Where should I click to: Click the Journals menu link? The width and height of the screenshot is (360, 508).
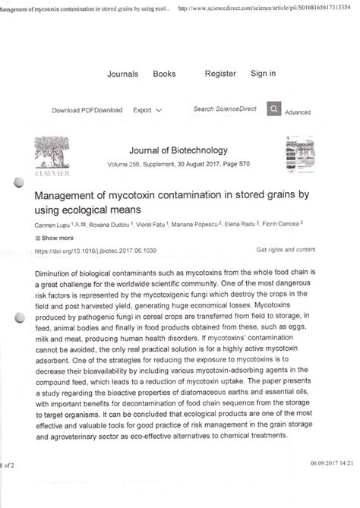[x=122, y=74]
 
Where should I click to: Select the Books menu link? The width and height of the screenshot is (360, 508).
[x=164, y=74]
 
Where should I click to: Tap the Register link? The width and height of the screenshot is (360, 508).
[x=220, y=74]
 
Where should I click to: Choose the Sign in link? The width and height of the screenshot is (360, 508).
[x=263, y=74]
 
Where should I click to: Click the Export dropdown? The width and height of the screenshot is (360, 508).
[x=147, y=110]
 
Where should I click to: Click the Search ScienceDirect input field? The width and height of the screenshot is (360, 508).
[x=226, y=109]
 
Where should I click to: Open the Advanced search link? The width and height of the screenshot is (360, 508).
[x=298, y=112]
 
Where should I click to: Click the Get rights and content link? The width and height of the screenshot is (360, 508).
[x=286, y=249]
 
